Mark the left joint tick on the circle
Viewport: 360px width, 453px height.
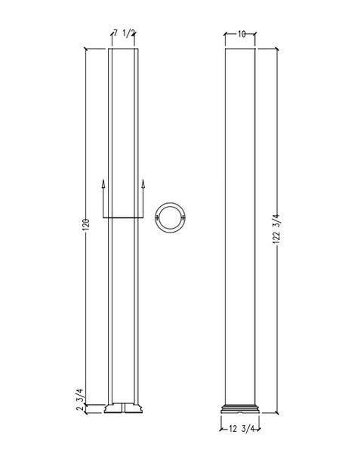point(155,217)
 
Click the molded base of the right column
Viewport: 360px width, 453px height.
point(242,410)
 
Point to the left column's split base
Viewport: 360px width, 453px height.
point(122,410)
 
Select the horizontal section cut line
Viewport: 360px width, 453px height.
point(122,217)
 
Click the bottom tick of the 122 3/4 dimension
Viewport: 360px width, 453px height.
point(274,414)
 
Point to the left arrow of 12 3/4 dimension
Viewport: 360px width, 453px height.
point(223,430)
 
